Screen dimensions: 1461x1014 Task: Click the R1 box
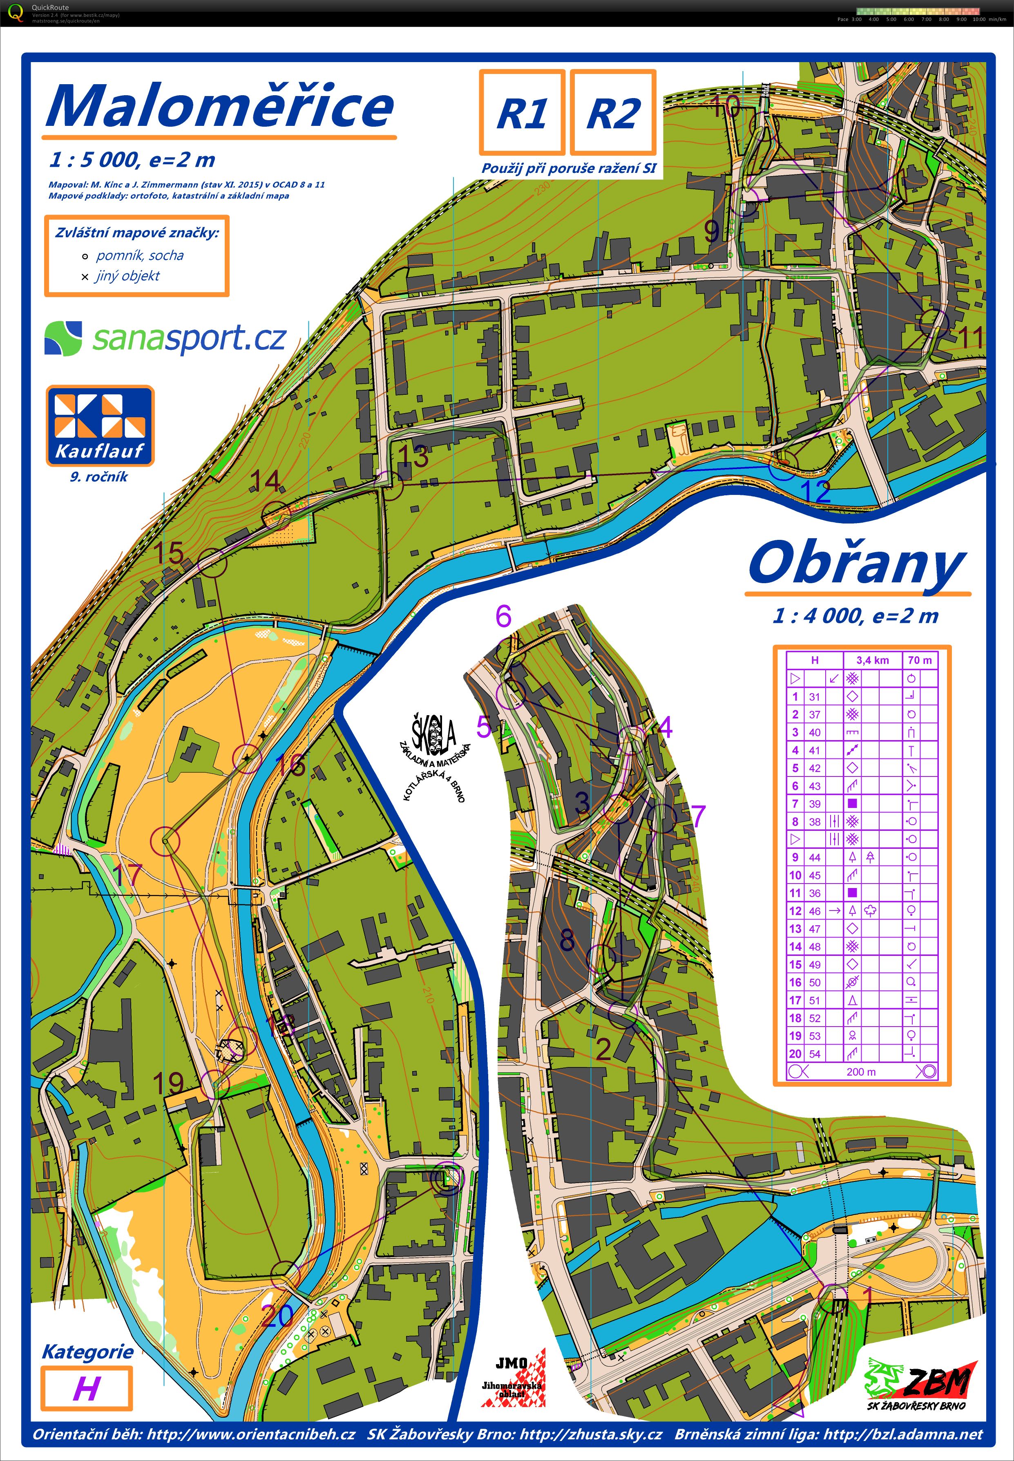tap(522, 112)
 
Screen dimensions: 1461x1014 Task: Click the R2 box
tap(612, 112)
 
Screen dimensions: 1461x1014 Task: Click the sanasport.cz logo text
tap(189, 338)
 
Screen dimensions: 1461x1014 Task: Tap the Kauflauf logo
tap(100, 425)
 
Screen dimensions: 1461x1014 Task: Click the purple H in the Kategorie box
tap(86, 1389)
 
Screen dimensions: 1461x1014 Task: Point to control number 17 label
tap(127, 875)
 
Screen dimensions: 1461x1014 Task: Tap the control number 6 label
tap(503, 616)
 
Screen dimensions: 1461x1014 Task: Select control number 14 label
tap(266, 481)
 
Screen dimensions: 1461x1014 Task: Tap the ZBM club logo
tap(920, 1383)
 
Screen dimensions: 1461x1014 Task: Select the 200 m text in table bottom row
tap(861, 1072)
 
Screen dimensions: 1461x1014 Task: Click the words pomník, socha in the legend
tap(140, 255)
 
